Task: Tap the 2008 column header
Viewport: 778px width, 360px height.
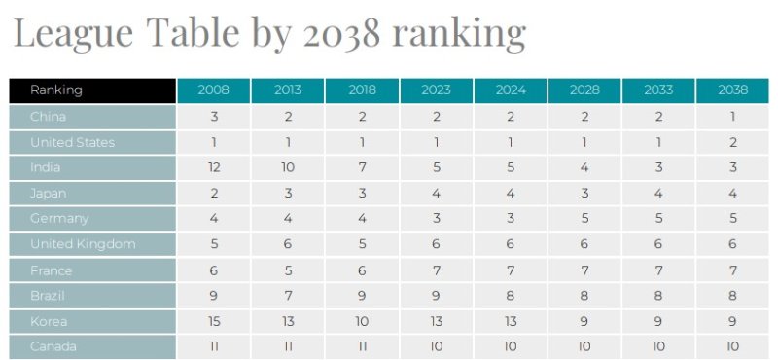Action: click(x=214, y=90)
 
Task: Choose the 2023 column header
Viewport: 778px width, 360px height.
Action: click(x=437, y=90)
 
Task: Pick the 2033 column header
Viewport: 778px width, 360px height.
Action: click(x=658, y=90)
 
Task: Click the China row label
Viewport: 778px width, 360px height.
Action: click(x=48, y=117)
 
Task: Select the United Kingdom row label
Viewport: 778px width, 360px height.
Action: click(x=83, y=244)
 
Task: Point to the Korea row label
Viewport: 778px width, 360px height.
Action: click(x=48, y=321)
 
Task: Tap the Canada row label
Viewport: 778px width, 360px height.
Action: click(x=53, y=346)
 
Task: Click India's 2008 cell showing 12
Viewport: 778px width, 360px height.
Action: click(x=214, y=167)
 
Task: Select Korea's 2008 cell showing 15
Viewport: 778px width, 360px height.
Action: click(x=214, y=321)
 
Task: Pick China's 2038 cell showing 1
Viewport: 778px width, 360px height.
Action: click(x=732, y=117)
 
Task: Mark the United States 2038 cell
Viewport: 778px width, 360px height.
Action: click(x=732, y=142)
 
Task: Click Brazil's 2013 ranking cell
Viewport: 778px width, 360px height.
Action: click(x=288, y=296)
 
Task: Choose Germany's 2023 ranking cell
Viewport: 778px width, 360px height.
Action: click(x=437, y=219)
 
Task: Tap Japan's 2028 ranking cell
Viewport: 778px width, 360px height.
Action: click(x=584, y=194)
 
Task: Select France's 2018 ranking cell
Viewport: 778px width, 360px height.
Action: click(x=363, y=270)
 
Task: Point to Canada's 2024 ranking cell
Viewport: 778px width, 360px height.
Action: click(x=511, y=346)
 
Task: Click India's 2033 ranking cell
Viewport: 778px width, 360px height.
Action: click(x=658, y=167)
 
